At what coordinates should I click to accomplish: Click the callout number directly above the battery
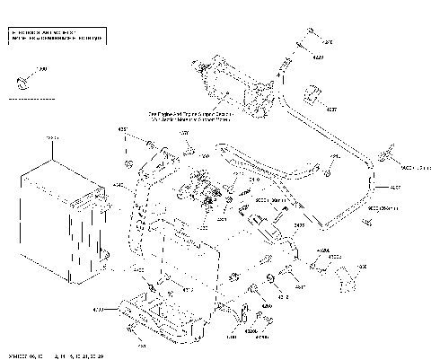[51, 137]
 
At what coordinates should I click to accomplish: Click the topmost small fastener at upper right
[308, 33]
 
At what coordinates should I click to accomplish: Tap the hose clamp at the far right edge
[390, 156]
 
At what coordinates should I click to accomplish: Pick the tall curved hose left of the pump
[136, 215]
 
